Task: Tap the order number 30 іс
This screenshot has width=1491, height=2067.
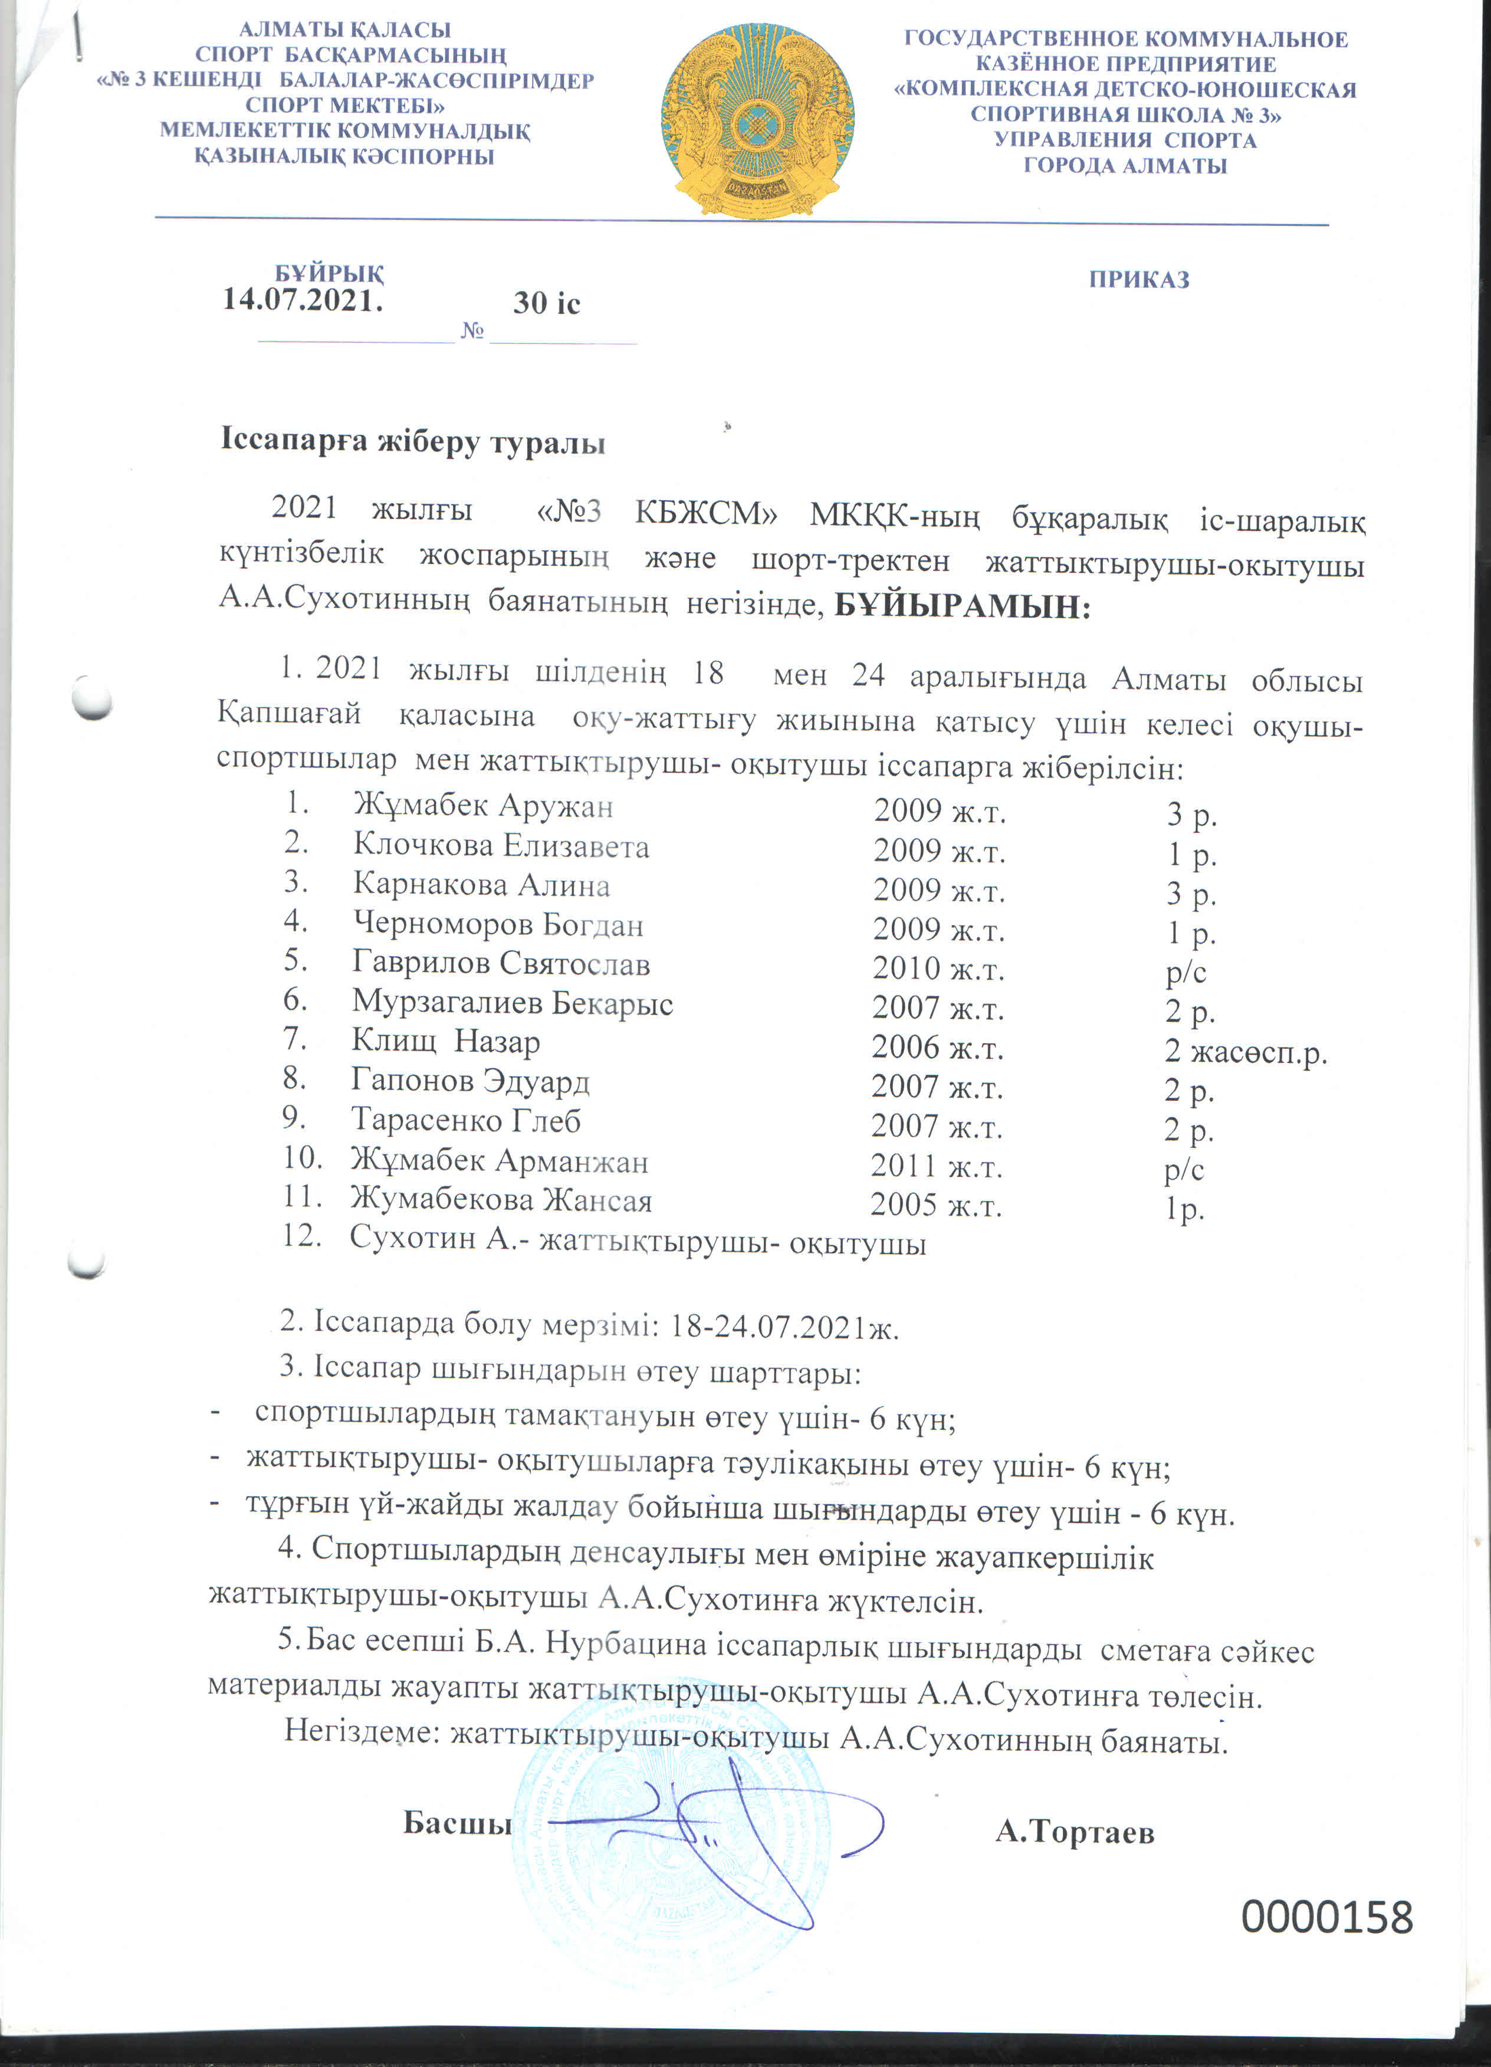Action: click(x=546, y=303)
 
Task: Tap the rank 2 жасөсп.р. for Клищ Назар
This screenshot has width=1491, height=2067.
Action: click(x=1245, y=1052)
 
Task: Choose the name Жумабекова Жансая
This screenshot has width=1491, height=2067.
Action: click(x=501, y=1200)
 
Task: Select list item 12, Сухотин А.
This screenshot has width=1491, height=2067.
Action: click(x=638, y=1242)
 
